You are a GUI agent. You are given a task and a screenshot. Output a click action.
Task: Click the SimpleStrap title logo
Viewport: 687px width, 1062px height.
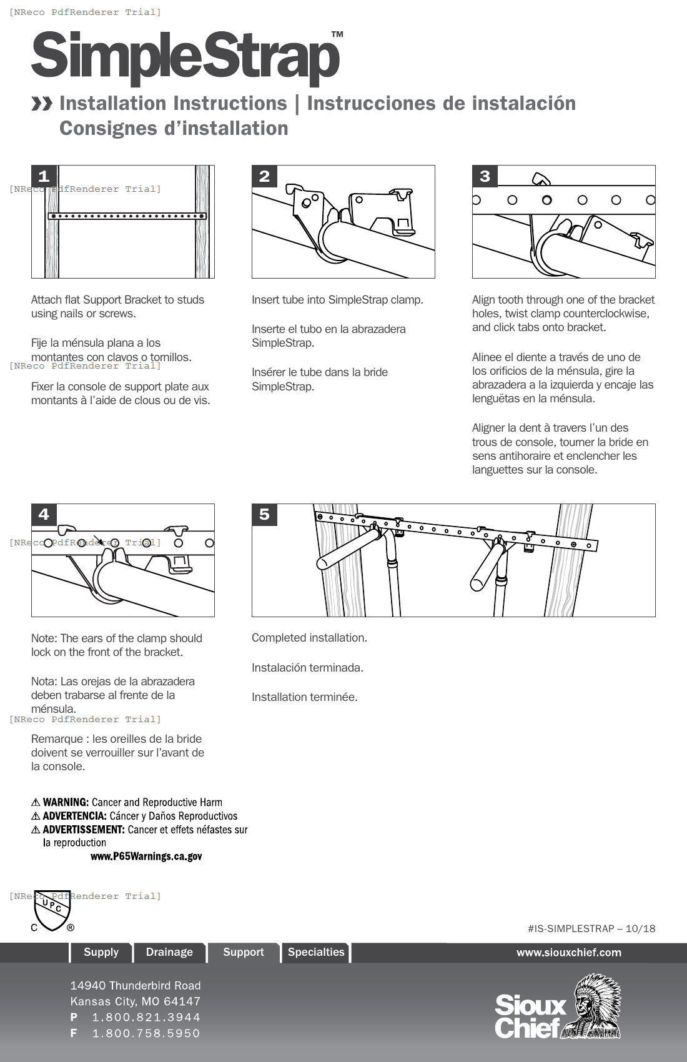[186, 57]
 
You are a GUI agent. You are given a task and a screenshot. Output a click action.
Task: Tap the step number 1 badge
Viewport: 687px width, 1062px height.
[44, 176]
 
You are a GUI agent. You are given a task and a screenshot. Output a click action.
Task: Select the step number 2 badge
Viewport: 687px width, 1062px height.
[264, 176]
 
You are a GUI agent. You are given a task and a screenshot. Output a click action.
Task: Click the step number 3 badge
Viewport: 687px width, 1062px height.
[485, 176]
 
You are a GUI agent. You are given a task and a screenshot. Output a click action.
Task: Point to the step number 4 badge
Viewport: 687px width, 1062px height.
[44, 514]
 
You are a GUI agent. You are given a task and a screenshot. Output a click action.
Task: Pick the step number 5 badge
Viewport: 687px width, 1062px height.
[264, 514]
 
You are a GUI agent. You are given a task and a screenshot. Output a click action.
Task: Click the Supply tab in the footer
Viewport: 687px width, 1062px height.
[101, 952]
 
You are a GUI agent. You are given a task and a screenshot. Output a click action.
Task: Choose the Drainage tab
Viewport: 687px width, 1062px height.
[169, 952]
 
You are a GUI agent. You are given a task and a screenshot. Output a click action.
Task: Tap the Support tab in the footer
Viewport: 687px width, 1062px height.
[244, 952]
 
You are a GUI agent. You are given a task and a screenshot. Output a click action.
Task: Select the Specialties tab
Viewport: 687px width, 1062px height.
[316, 952]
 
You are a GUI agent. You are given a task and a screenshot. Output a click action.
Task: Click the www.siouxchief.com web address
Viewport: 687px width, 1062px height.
[568, 953]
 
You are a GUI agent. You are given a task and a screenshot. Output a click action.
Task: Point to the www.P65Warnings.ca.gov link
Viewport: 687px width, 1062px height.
[146, 856]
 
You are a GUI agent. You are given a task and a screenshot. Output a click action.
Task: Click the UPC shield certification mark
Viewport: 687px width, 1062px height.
[52, 910]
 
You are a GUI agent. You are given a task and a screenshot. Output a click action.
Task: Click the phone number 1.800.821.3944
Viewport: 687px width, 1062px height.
[146, 1017]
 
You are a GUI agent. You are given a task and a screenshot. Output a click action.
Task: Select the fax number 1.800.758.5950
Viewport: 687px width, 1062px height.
[146, 1033]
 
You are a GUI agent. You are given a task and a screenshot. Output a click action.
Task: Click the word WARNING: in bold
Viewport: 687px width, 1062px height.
[66, 802]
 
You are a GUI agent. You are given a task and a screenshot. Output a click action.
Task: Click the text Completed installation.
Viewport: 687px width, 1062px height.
[309, 638]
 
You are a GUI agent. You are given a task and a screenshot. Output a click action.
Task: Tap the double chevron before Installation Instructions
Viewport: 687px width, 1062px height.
[42, 104]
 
